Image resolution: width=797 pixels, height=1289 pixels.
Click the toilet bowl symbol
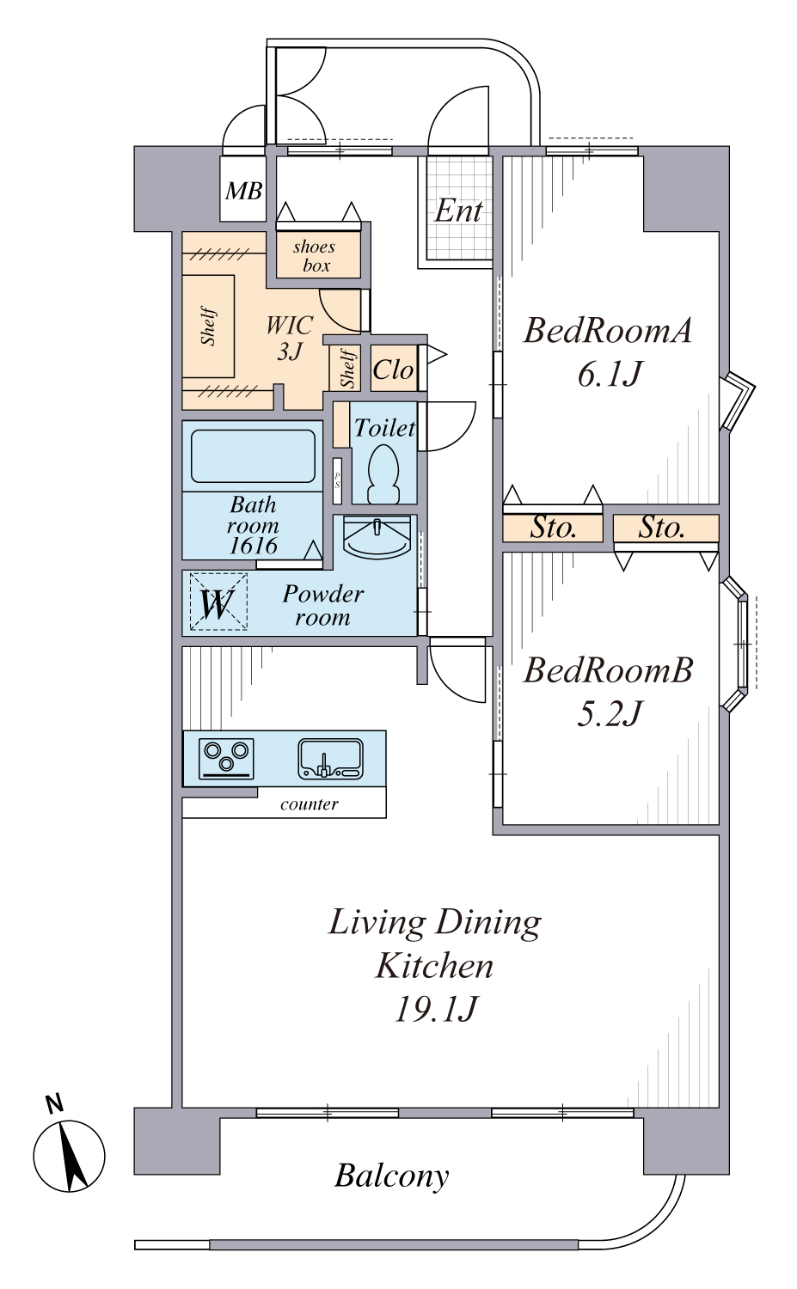click(383, 473)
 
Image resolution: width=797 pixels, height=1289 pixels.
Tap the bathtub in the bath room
click(253, 455)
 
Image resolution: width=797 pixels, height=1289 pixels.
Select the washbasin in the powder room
click(377, 536)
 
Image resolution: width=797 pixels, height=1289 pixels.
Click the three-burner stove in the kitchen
click(226, 758)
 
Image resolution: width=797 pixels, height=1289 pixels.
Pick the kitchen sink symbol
click(330, 758)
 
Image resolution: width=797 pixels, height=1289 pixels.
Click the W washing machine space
click(218, 602)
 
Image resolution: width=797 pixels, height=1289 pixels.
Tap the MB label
click(243, 191)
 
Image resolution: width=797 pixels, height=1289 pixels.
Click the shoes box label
click(315, 255)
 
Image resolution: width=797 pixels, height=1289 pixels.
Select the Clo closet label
click(393, 370)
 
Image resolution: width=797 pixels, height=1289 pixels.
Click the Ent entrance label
click(457, 211)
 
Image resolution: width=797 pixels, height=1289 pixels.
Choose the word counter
click(310, 803)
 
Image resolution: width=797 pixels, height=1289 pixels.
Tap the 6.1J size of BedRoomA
click(610, 374)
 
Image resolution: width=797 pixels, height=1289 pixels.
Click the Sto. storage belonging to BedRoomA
click(553, 528)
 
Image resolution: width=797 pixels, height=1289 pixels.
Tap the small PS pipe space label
click(337, 480)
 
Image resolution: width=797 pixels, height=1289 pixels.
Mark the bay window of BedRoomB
click(735, 644)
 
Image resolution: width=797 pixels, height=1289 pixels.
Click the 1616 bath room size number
click(253, 546)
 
